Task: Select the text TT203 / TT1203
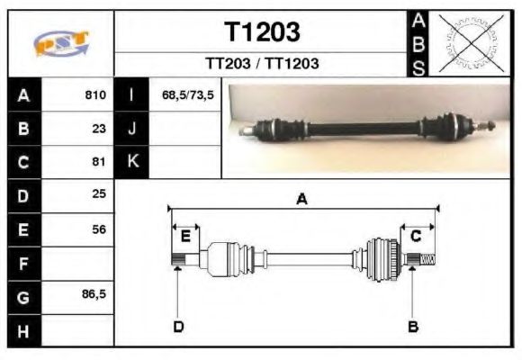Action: point(262,64)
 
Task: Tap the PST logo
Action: point(61,43)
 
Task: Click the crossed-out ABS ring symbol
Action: point(468,42)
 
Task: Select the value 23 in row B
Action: point(99,129)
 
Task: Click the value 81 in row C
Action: point(99,162)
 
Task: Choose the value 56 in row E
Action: point(99,229)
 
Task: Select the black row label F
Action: point(23,263)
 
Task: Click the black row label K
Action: point(132,162)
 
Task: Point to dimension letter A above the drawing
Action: point(302,200)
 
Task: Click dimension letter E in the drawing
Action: point(185,237)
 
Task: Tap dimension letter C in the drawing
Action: point(417,236)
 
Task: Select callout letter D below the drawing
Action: point(178,326)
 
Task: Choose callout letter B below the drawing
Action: point(413,326)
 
